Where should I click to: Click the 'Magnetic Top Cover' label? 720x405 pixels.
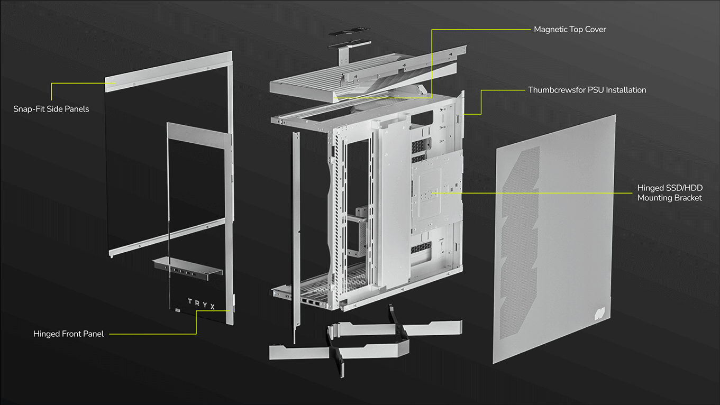[570, 30]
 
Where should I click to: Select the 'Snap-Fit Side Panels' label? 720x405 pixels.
[51, 109]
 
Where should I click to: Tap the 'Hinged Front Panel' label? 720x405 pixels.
[68, 334]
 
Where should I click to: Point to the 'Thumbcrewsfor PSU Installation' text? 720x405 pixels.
[587, 90]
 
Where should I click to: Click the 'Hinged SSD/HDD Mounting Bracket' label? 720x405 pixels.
[670, 193]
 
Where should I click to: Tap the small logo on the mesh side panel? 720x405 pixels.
[600, 314]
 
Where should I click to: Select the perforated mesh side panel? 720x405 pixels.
[555, 238]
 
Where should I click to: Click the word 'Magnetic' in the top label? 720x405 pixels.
[550, 30]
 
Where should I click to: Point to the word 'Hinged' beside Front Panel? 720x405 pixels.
[47, 334]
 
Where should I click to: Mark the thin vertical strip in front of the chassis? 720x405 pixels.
[296, 238]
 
